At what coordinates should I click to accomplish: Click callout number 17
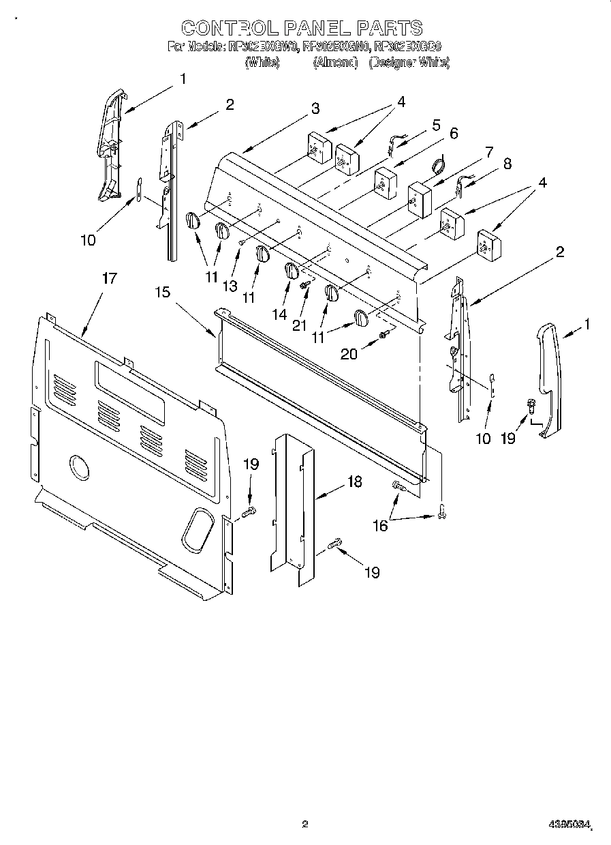tap(109, 279)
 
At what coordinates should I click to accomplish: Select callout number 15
tap(161, 292)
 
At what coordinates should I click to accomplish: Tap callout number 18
tap(354, 482)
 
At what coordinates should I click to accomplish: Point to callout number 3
tap(315, 108)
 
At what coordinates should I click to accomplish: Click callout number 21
tap(300, 325)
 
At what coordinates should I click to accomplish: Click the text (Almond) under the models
tap(335, 63)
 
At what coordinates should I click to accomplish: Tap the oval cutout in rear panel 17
tap(198, 529)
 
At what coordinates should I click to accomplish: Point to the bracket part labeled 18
tap(293, 505)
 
